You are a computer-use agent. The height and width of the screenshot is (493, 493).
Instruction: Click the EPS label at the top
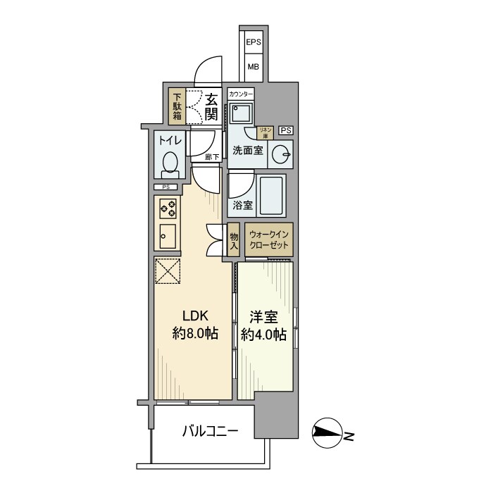(254, 43)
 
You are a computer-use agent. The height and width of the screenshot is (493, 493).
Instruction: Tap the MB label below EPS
(253, 67)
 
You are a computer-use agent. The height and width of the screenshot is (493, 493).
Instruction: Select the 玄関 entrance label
(211, 107)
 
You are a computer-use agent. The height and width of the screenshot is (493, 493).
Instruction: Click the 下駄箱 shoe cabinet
(177, 106)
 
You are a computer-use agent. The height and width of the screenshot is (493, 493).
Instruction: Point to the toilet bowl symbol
(170, 164)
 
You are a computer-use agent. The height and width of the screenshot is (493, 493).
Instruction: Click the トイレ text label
(170, 141)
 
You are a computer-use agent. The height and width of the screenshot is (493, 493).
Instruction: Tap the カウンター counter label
(241, 94)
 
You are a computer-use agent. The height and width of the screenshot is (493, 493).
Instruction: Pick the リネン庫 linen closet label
(266, 131)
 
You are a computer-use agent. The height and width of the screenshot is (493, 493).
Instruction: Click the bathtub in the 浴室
(271, 195)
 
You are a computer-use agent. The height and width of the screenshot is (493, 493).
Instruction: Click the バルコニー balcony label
(210, 430)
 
